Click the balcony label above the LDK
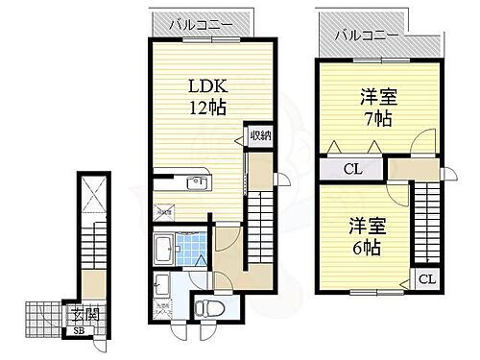point(197,24)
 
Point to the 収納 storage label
point(260,136)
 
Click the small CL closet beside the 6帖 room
point(425,280)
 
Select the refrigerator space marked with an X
point(164,207)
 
